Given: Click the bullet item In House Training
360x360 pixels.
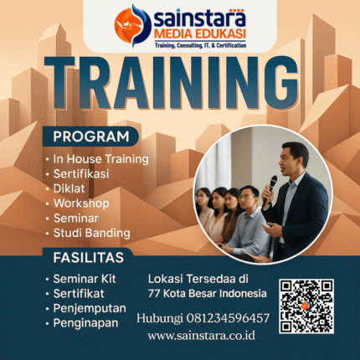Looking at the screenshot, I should coord(100,158).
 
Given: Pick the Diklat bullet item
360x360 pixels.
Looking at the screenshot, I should coord(69,188).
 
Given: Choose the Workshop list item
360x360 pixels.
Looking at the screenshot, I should coord(80,203).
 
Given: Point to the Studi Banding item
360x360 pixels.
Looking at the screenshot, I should coord(91,232).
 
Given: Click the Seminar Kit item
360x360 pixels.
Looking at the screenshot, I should coord(86,279).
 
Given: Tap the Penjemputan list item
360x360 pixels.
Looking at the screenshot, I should coord(90,307).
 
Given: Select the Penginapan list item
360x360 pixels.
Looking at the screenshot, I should coord(86,321).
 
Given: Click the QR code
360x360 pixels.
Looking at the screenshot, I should coord(311,306).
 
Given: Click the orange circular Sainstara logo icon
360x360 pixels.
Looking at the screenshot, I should coord(131,25).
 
